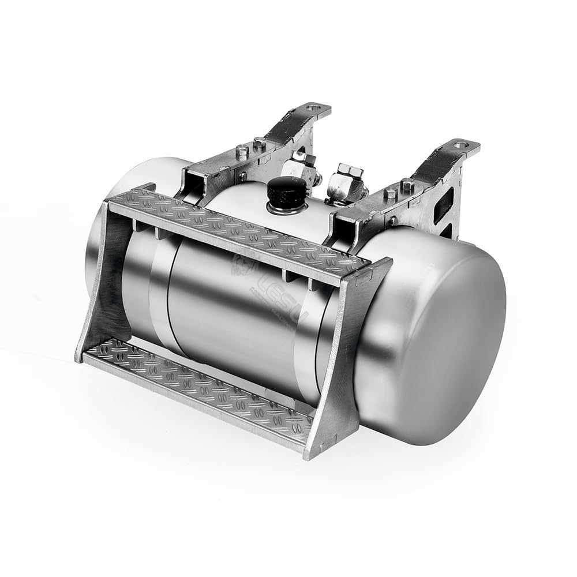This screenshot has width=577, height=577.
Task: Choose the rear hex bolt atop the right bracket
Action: (407, 185)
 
